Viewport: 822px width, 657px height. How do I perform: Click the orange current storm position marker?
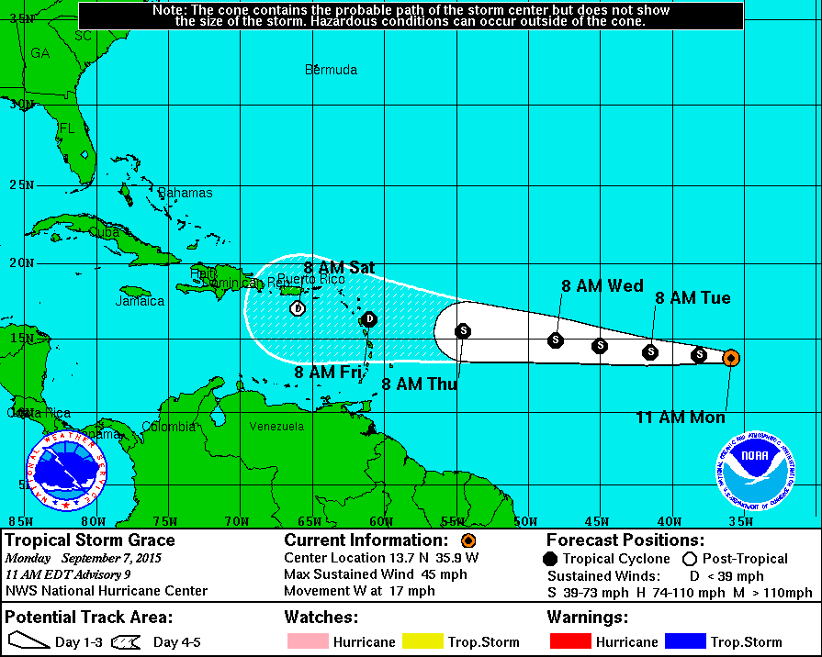[x=730, y=358]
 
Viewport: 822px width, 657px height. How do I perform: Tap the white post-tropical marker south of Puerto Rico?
[x=297, y=308]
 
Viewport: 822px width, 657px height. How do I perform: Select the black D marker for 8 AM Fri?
[x=368, y=319]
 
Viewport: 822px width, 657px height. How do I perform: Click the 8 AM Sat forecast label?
[x=339, y=268]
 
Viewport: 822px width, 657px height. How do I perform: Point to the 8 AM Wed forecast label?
[x=602, y=286]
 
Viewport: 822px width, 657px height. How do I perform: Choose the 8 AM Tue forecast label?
[x=693, y=298]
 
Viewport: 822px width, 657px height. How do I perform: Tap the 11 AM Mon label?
[x=681, y=418]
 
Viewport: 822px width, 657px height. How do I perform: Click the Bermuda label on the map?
[x=331, y=70]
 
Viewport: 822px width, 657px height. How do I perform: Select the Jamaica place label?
[x=140, y=301]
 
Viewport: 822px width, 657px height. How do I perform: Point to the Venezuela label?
[x=276, y=427]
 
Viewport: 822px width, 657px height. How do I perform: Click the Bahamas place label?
[x=185, y=193]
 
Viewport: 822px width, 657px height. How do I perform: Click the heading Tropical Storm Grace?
[x=90, y=540]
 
